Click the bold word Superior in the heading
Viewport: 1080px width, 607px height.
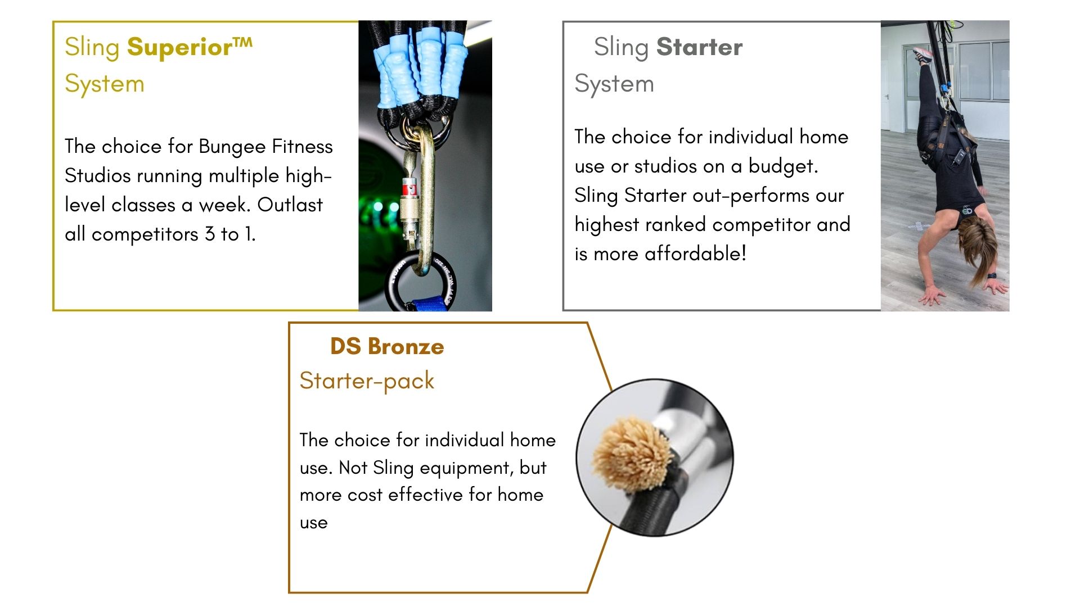pos(179,47)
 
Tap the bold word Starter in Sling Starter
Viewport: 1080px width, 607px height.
pos(699,47)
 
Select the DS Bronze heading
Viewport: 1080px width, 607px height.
pos(387,347)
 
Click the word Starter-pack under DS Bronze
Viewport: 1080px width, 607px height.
pos(367,381)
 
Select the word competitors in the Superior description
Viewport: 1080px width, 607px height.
pos(145,234)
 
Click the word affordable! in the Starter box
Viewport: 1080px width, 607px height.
pos(695,254)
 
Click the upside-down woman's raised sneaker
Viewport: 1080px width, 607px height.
pos(923,55)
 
